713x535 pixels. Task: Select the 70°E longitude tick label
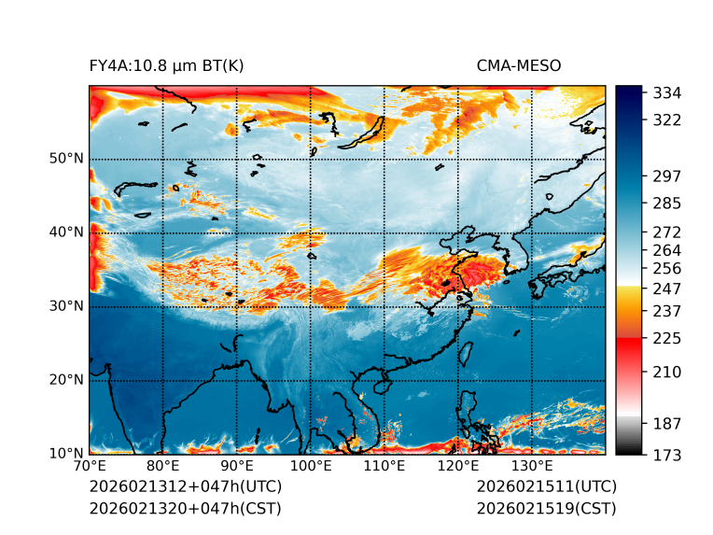tap(90, 466)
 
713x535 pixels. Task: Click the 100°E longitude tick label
tap(310, 466)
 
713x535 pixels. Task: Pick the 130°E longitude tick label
tap(531, 466)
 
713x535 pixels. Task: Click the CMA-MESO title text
tap(519, 66)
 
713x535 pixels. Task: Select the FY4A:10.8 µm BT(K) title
tap(166, 66)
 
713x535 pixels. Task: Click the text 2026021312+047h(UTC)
tap(185, 486)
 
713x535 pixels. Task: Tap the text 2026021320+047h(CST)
tap(185, 508)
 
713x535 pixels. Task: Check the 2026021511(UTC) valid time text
tap(546, 486)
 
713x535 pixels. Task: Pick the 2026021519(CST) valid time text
tap(546, 508)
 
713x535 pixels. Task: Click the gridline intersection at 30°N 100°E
tap(311, 306)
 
